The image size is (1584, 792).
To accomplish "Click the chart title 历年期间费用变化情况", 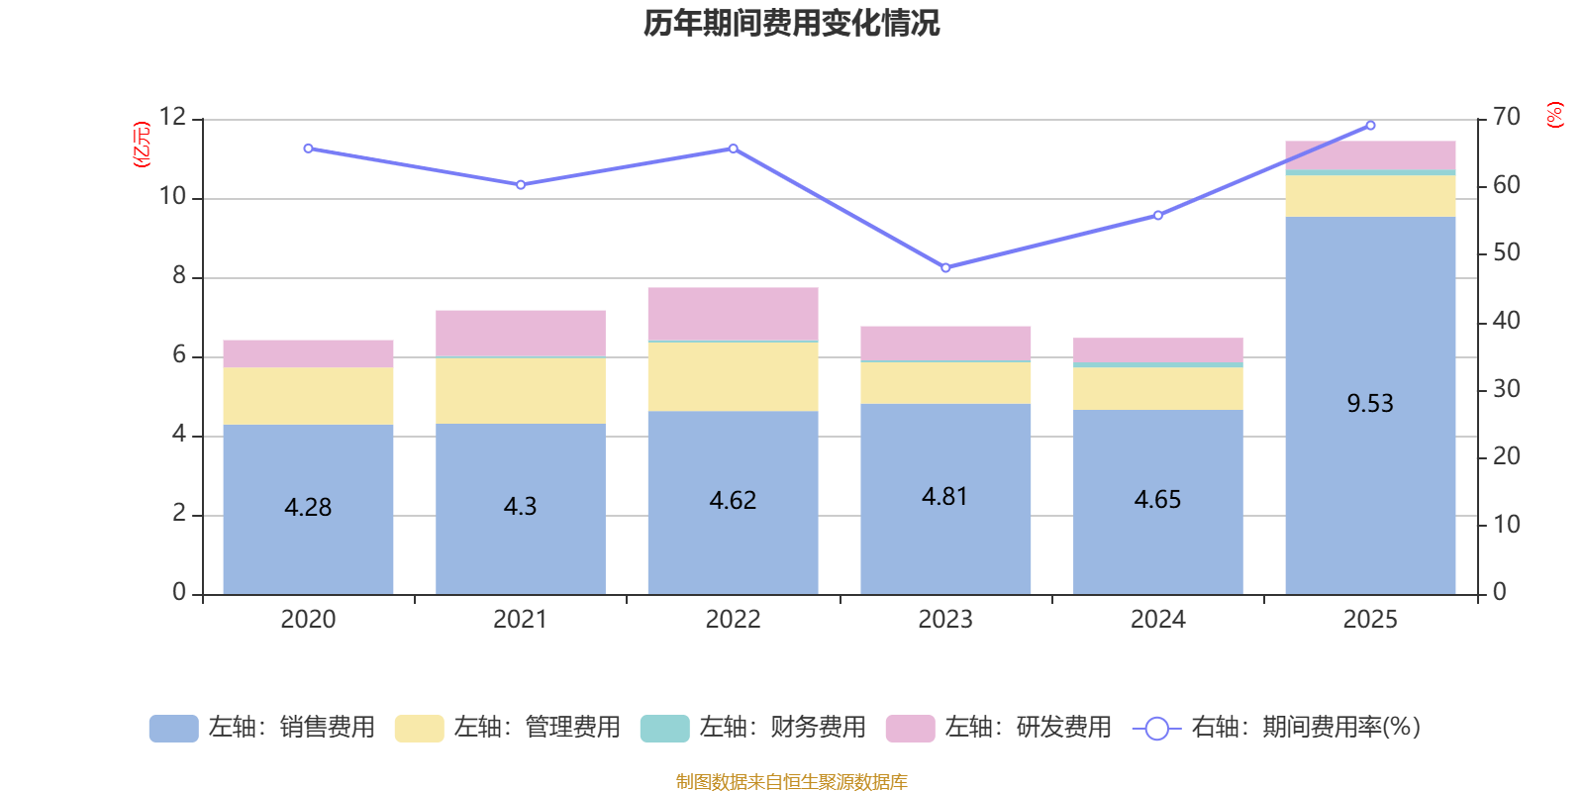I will click(x=791, y=23).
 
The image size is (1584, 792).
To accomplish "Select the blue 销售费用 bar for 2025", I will click(x=1370, y=475).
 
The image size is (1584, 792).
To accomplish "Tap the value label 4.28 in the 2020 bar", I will click(x=308, y=507).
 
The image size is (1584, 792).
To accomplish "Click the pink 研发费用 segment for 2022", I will click(x=733, y=314).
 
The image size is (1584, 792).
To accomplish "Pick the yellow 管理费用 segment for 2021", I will click(x=520, y=390).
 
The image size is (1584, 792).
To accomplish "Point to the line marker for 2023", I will click(x=945, y=268).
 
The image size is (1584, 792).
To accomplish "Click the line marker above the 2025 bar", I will click(x=1370, y=126).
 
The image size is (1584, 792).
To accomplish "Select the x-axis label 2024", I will click(x=1157, y=620).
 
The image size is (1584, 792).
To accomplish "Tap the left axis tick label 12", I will click(x=173, y=118).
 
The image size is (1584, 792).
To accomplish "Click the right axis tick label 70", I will click(x=1507, y=118).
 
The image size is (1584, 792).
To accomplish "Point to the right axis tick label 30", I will click(x=1507, y=390).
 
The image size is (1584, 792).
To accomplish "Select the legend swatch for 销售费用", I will click(x=173, y=729).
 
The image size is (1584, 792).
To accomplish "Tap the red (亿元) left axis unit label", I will click(x=143, y=145).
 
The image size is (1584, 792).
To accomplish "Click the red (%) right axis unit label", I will click(x=1555, y=115).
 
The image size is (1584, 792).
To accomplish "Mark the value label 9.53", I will click(x=1370, y=404).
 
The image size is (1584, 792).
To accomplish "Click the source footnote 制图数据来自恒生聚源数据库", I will click(x=791, y=782).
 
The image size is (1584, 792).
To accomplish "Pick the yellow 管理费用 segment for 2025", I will click(x=1370, y=196).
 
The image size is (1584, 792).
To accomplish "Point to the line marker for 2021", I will click(x=521, y=185).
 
